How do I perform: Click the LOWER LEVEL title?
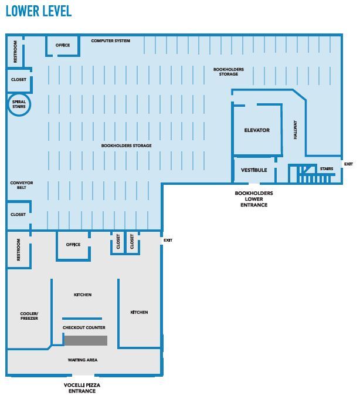click(x=39, y=11)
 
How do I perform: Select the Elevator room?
click(x=257, y=130)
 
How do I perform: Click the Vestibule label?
click(x=254, y=170)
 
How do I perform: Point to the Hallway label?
click(x=295, y=130)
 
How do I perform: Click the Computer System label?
click(x=111, y=40)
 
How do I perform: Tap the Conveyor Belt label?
click(x=22, y=185)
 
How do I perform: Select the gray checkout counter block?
click(x=86, y=340)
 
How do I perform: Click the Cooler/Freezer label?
click(x=29, y=316)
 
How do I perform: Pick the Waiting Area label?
click(x=83, y=360)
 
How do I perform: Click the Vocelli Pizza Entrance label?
click(x=82, y=388)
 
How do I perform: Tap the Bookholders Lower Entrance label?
click(x=254, y=199)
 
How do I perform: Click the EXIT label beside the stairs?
click(x=348, y=164)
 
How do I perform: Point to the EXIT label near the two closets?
click(x=168, y=240)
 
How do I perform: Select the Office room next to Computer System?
click(x=63, y=46)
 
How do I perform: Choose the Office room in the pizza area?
click(x=73, y=245)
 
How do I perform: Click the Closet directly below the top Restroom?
click(x=19, y=80)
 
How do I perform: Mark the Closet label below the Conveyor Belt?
click(x=18, y=215)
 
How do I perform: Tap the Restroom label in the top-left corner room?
click(x=15, y=52)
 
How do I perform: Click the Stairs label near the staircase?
click(x=327, y=169)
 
